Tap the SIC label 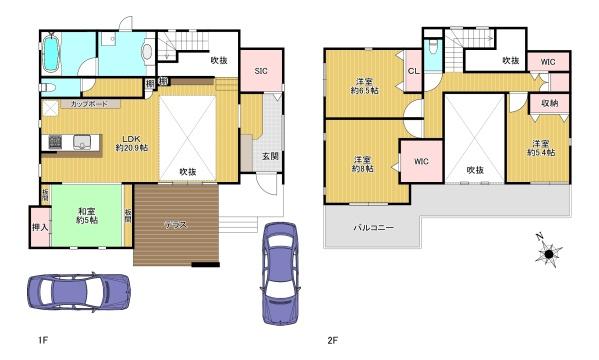pyautogui.click(x=260, y=71)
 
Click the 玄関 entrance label pyautogui.click(x=271, y=156)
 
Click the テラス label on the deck pyautogui.click(x=177, y=225)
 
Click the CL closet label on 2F pyautogui.click(x=413, y=71)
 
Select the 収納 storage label pyautogui.click(x=549, y=103)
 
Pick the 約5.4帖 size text pyautogui.click(x=541, y=152)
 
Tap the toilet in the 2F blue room pyautogui.click(x=432, y=47)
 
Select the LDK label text pyautogui.click(x=131, y=139)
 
